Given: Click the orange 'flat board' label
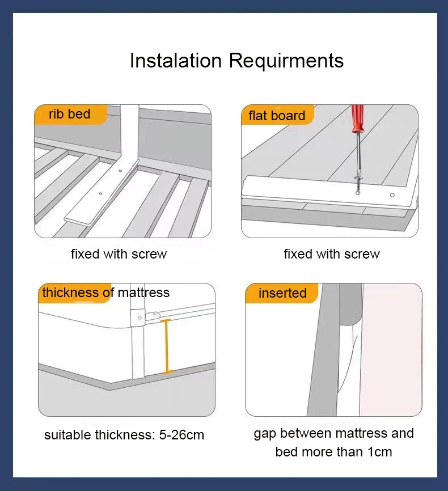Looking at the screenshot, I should (277, 116).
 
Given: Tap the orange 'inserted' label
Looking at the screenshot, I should (282, 293).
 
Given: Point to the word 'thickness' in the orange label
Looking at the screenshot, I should (70, 293).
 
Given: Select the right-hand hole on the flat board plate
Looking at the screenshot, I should (392, 195).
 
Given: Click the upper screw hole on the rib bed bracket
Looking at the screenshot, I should (120, 170).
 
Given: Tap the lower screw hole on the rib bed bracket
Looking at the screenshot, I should (100, 193).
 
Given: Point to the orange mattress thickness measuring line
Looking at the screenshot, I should (167, 346).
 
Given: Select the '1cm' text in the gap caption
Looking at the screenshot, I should (378, 452).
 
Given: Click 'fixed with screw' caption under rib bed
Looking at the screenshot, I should (119, 254).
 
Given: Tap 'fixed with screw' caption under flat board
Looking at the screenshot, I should (332, 254).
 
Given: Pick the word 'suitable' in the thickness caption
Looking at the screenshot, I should (66, 435).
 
